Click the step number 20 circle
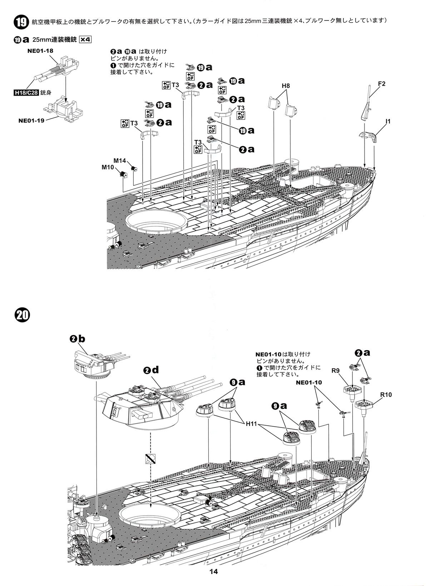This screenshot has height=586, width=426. click(x=22, y=315)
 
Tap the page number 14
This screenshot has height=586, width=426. click(x=213, y=571)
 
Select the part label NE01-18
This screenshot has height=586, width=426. click(x=40, y=51)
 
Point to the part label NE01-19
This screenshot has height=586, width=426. click(x=31, y=120)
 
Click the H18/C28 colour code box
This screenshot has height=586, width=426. click(x=26, y=93)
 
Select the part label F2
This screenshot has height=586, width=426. click(x=382, y=84)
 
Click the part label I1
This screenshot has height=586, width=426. click(x=388, y=121)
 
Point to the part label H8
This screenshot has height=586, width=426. click(x=286, y=86)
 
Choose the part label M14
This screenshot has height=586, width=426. click(x=120, y=160)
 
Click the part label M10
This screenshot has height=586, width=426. click(x=108, y=167)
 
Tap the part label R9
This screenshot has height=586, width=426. click(x=335, y=371)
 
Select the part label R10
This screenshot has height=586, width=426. click(x=386, y=395)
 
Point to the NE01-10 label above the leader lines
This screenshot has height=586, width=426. click(x=309, y=382)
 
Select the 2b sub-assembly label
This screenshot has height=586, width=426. click(x=78, y=339)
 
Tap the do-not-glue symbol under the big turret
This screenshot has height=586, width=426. click(x=150, y=459)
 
